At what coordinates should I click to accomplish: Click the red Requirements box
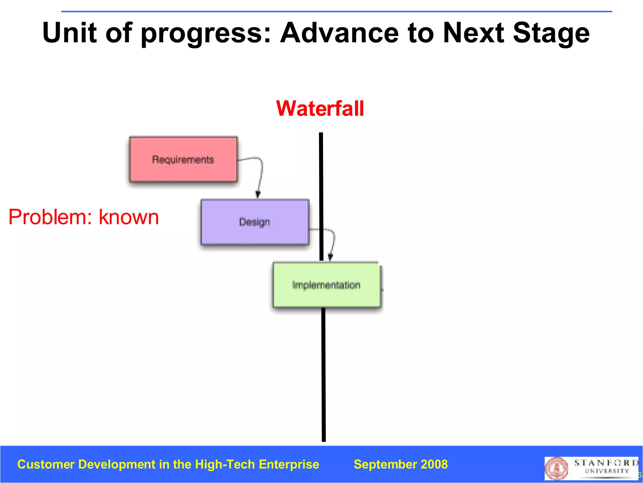pyautogui.click(x=183, y=159)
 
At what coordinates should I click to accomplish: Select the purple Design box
pyautogui.click(x=255, y=222)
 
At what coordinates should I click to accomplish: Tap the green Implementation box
pyautogui.click(x=326, y=285)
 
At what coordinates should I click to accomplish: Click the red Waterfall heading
pyautogui.click(x=320, y=108)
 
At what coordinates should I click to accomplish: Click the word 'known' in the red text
pyautogui.click(x=129, y=217)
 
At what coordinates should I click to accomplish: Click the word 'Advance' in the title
pyautogui.click(x=339, y=33)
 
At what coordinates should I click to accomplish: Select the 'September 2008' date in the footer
pyautogui.click(x=401, y=464)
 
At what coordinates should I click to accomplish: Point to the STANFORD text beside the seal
pyautogui.click(x=606, y=463)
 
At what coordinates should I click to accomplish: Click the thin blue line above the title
pyautogui.click(x=336, y=12)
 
